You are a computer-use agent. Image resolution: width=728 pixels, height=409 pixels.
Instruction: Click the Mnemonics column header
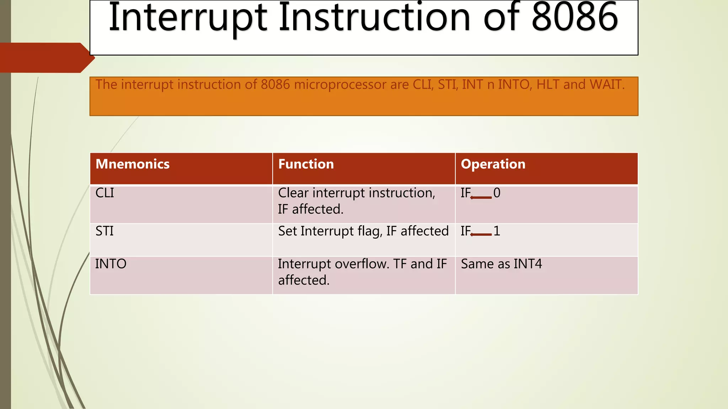click(132, 164)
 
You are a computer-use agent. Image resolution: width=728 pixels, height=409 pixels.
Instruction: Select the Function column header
click(306, 164)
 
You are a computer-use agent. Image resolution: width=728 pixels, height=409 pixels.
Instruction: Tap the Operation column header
click(493, 164)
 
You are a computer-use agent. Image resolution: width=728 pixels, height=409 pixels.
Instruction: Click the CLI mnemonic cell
click(105, 193)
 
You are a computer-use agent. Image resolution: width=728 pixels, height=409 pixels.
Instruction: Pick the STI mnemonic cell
click(104, 231)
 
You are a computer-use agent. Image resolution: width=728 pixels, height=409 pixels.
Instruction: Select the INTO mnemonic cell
click(111, 264)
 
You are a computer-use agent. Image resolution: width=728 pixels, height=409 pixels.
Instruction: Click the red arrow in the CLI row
click(481, 197)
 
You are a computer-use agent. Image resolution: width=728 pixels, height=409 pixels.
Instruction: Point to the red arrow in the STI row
click(481, 234)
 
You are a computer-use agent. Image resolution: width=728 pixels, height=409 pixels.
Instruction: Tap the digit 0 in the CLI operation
click(497, 193)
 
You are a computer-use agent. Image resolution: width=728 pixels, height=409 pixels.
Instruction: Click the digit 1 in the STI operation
click(497, 231)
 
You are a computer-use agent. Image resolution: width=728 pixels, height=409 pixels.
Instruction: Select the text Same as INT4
click(501, 264)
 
